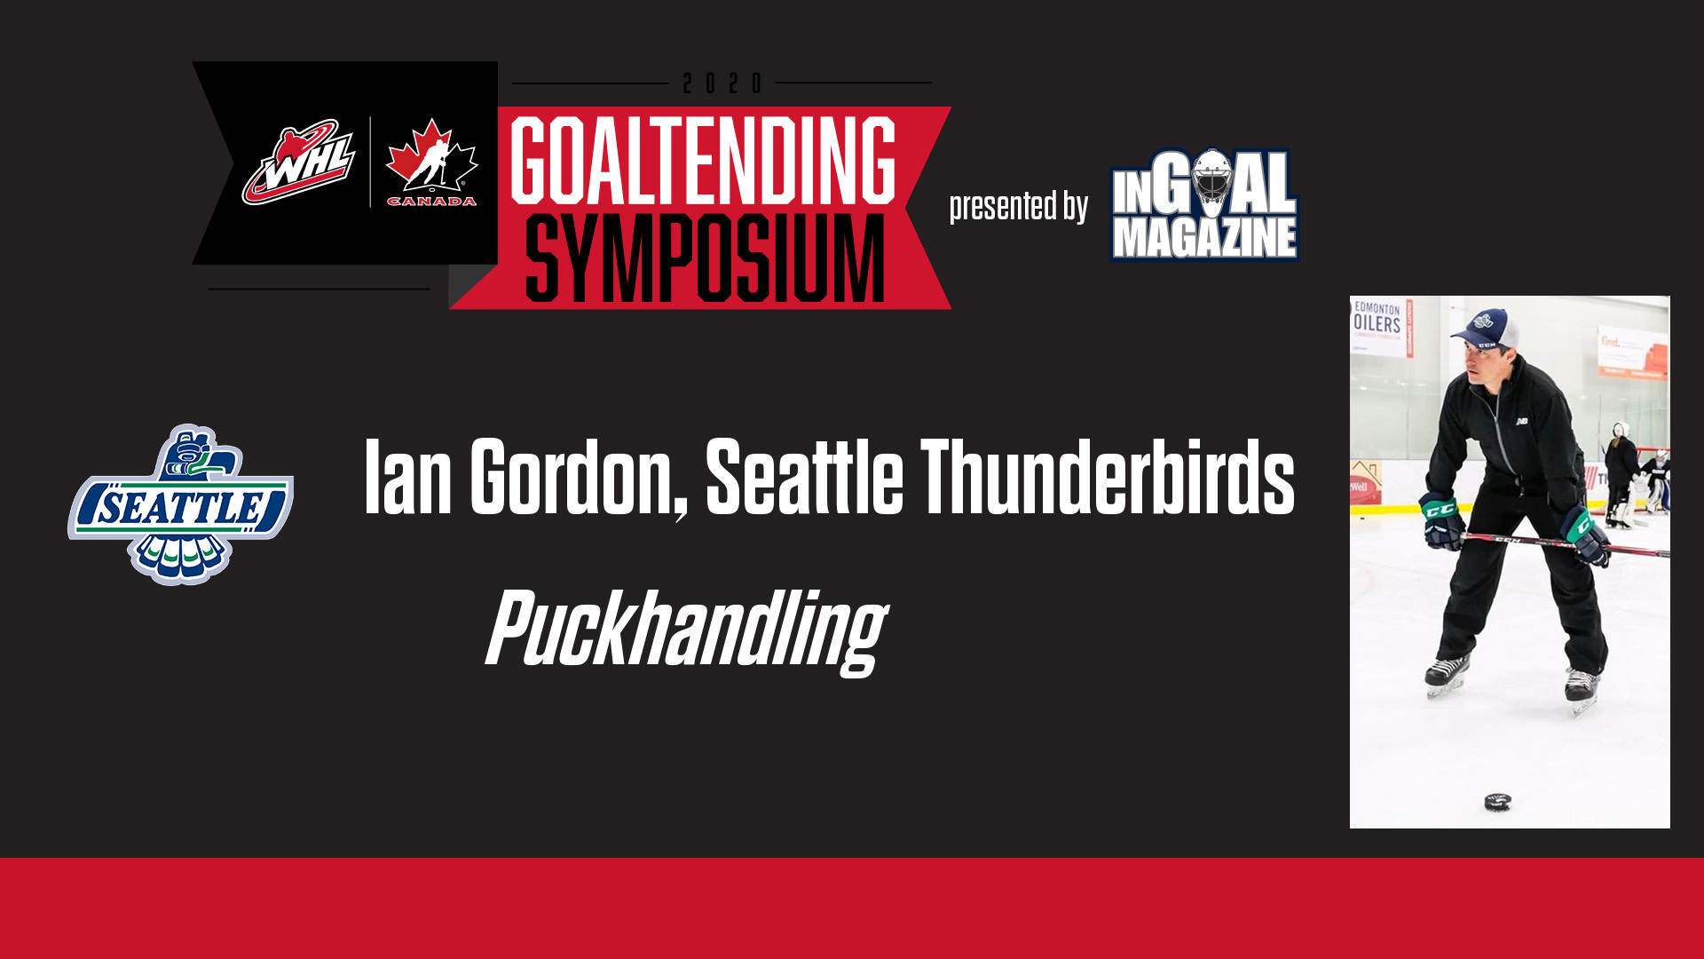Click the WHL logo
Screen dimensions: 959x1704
tap(298, 163)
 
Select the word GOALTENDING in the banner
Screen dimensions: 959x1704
tap(702, 160)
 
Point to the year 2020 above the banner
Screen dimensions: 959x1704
tap(722, 83)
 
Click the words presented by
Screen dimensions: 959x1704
tap(1018, 207)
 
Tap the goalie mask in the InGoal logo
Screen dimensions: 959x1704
tap(1211, 183)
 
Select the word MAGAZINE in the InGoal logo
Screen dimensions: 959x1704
tap(1204, 238)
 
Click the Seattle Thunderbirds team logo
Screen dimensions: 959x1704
tap(181, 504)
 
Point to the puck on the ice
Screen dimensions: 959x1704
tap(1497, 803)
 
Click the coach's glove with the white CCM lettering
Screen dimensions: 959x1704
tap(1441, 520)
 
